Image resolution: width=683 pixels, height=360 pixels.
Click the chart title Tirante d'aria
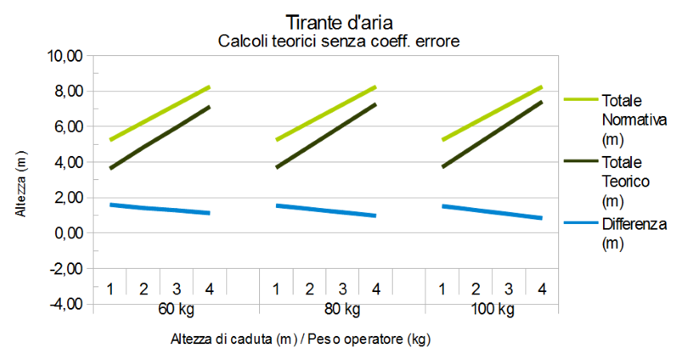click(339, 22)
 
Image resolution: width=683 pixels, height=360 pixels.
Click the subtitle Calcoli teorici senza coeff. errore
click(339, 41)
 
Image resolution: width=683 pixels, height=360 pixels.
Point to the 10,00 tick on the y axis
click(67, 57)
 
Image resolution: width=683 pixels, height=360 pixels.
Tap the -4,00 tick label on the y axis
click(67, 305)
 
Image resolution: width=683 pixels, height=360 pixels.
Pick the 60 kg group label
click(176, 309)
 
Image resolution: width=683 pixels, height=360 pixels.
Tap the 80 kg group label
click(341, 309)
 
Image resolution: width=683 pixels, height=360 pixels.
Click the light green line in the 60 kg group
click(160, 113)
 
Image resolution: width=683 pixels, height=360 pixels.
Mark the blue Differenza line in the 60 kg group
click(160, 209)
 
